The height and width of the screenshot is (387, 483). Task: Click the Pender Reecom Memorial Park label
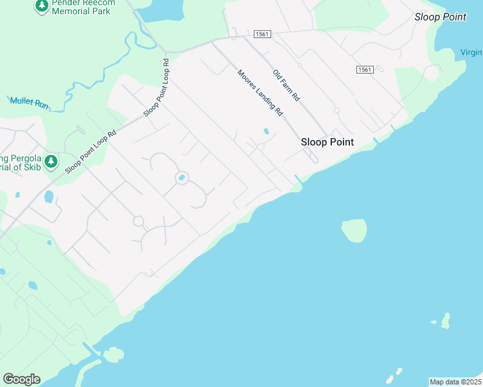[83, 7]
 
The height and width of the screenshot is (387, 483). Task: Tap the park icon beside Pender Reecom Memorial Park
[42, 6]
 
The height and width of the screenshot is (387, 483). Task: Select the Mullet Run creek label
[29, 101]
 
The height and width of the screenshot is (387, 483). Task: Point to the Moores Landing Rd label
[260, 92]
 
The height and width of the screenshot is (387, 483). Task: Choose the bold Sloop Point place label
[327, 142]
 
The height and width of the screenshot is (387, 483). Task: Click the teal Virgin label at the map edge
[471, 52]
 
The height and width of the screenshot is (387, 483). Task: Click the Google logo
[21, 379]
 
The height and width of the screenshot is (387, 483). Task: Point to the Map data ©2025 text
[455, 382]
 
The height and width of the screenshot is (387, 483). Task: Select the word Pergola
[23, 159]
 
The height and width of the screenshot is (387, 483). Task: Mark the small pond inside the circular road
[182, 178]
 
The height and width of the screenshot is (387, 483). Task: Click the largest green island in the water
[355, 230]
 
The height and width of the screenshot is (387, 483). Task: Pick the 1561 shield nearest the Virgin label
[364, 69]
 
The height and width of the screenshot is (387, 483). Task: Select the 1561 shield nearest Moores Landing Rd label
[262, 34]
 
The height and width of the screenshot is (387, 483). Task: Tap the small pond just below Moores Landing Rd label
[266, 132]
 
